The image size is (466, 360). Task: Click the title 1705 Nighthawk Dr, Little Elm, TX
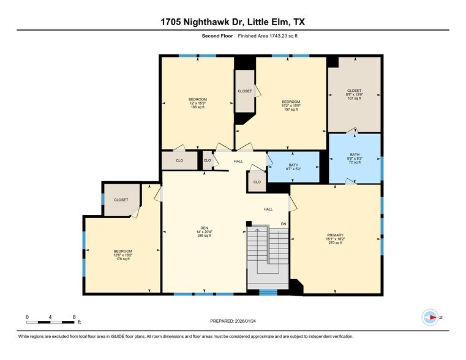(233, 21)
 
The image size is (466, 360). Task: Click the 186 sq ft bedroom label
(197, 103)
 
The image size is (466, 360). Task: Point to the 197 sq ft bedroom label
(290, 105)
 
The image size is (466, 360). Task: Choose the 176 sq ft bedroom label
(122, 255)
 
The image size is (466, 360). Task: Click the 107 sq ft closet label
(354, 94)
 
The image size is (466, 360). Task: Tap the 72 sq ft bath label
(355, 159)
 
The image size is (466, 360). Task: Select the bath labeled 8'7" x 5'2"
(293, 167)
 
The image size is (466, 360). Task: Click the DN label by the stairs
(284, 224)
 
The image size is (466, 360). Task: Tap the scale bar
(51, 321)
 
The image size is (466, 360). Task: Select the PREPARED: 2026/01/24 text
(233, 321)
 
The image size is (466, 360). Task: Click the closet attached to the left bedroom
(121, 201)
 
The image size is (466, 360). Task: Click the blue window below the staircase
(267, 293)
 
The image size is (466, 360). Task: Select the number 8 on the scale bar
(73, 317)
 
